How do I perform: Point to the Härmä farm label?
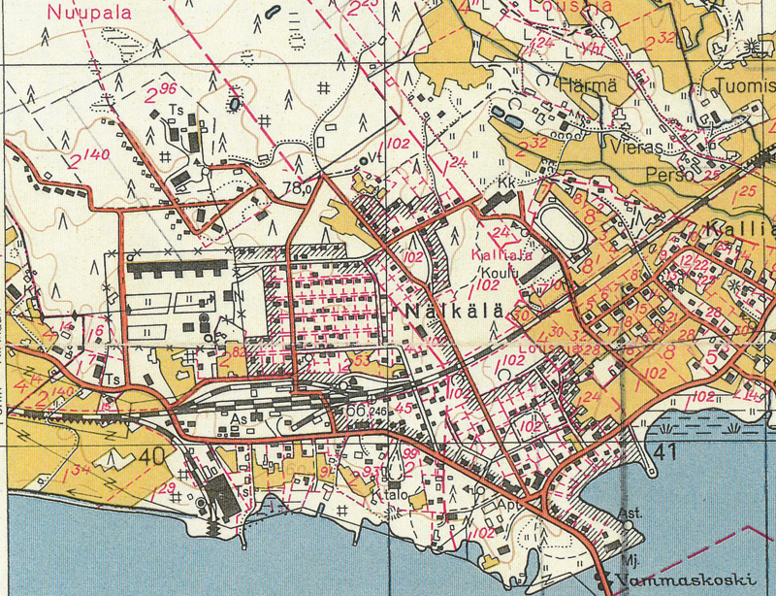(x=588, y=85)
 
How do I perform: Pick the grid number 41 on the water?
(x=664, y=451)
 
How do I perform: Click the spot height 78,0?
(x=297, y=188)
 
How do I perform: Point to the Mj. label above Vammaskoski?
(x=629, y=560)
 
